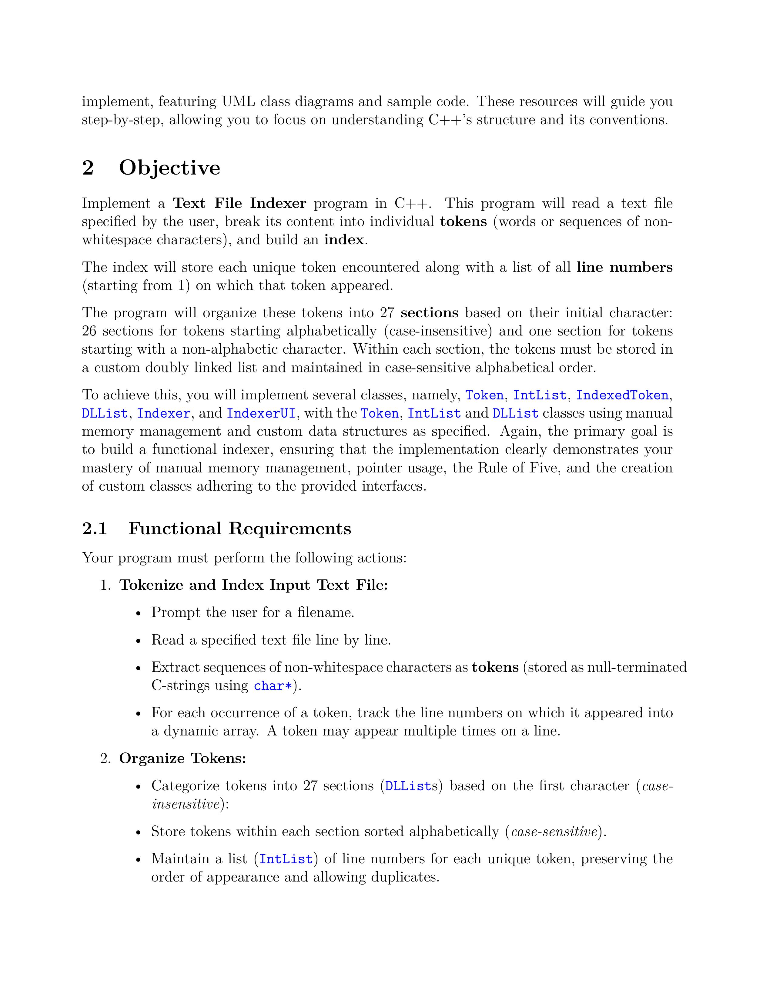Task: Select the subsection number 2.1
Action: (94, 529)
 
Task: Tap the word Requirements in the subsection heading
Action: (289, 529)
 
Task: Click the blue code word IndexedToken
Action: (622, 395)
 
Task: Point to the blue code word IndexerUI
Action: (261, 413)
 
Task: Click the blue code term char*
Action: (273, 686)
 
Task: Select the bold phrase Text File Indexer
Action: (239, 203)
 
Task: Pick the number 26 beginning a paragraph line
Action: (89, 331)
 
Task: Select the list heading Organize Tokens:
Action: (183, 759)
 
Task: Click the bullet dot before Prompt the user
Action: (138, 613)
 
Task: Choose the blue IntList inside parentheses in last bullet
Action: (286, 859)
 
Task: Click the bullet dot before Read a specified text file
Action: (138, 641)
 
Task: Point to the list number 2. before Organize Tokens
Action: (105, 759)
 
